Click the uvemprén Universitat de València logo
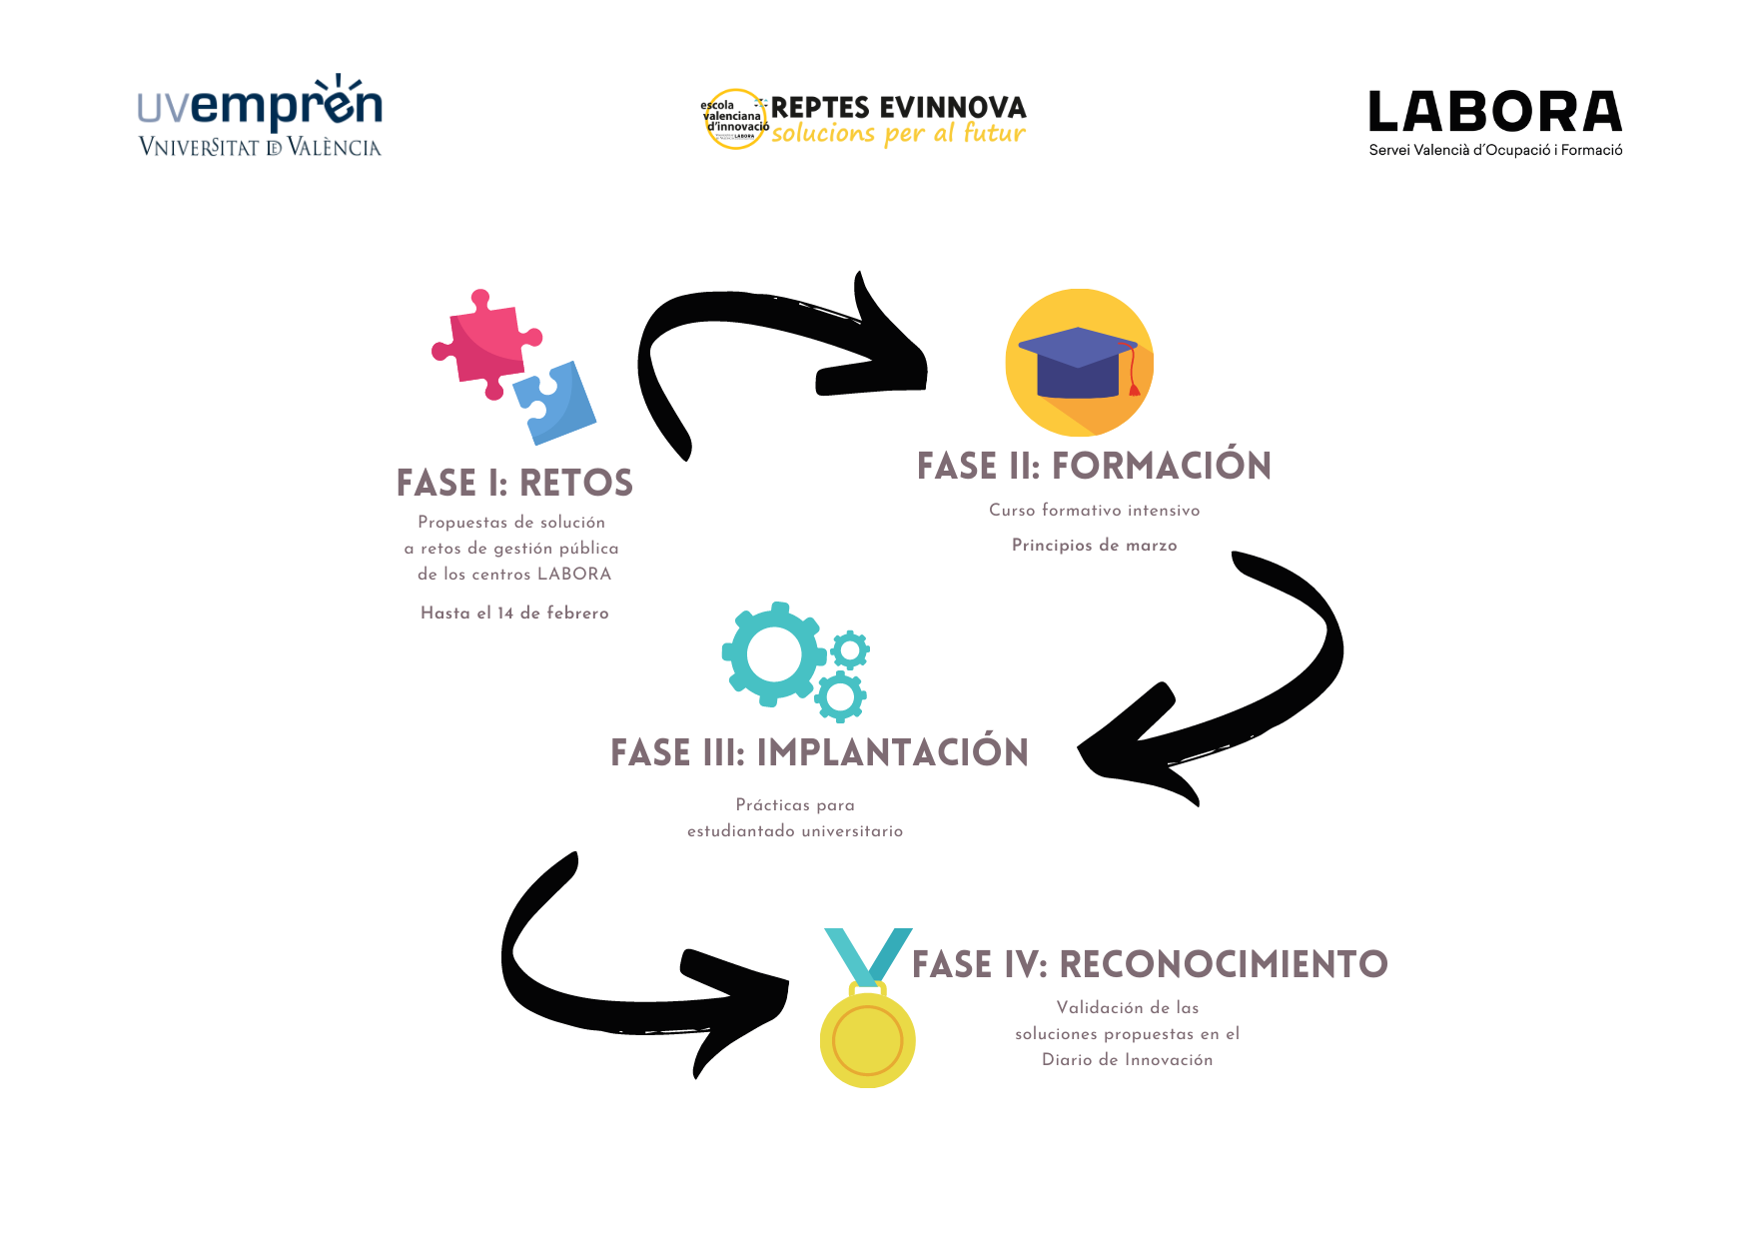click(260, 116)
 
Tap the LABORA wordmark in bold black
click(1494, 111)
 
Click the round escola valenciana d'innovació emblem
click(734, 120)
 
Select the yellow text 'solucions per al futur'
click(898, 134)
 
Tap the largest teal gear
click(773, 654)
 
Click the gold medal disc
click(867, 1039)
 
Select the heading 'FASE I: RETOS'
click(514, 483)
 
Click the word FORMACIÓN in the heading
click(1161, 466)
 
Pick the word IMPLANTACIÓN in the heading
click(892, 752)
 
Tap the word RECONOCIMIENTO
click(1223, 964)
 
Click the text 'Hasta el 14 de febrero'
click(514, 614)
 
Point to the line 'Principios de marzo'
click(1094, 546)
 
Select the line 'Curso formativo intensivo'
click(1094, 511)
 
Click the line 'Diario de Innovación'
click(1127, 1060)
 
